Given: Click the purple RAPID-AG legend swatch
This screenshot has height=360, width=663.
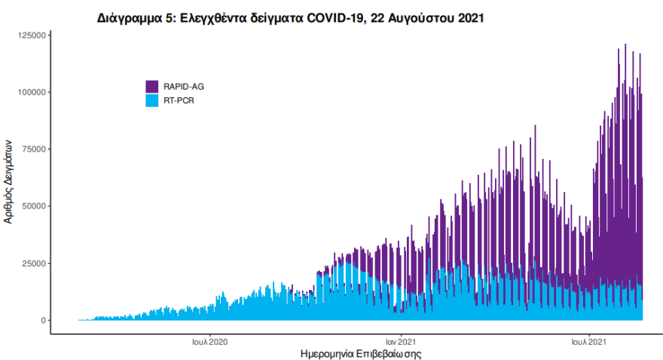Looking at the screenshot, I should pyautogui.click(x=152, y=87).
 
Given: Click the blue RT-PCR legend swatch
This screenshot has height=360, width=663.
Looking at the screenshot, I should pyautogui.click(x=152, y=100).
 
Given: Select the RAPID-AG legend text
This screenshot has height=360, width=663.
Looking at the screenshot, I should pyautogui.click(x=184, y=87).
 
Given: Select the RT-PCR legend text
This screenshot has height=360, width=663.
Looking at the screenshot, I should pyautogui.click(x=179, y=100).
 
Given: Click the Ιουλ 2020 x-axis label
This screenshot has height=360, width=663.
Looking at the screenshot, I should pyautogui.click(x=210, y=341).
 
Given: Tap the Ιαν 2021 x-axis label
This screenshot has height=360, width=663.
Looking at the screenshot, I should pyautogui.click(x=402, y=341).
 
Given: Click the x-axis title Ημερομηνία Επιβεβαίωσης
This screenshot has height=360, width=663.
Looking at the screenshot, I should pyautogui.click(x=360, y=353).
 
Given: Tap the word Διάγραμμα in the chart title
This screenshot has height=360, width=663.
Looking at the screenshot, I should pyautogui.click(x=130, y=18).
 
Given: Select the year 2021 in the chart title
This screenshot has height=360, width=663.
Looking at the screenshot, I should pyautogui.click(x=467, y=18).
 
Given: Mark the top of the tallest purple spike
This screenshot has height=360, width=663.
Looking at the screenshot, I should pyautogui.click(x=625, y=44).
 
